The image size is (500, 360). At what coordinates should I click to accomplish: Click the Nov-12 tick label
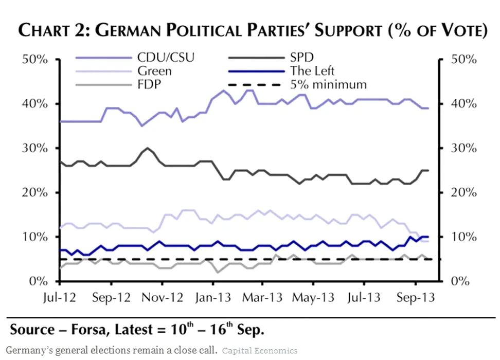pos(162,298)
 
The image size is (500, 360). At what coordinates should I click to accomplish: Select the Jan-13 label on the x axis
pos(212,298)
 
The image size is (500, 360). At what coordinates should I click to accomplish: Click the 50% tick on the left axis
pos(35,59)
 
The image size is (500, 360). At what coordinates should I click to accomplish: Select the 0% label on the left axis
pos(39,281)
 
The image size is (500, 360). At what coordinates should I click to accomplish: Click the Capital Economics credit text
pos(260,351)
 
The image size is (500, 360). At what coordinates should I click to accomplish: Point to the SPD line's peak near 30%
pos(148,148)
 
